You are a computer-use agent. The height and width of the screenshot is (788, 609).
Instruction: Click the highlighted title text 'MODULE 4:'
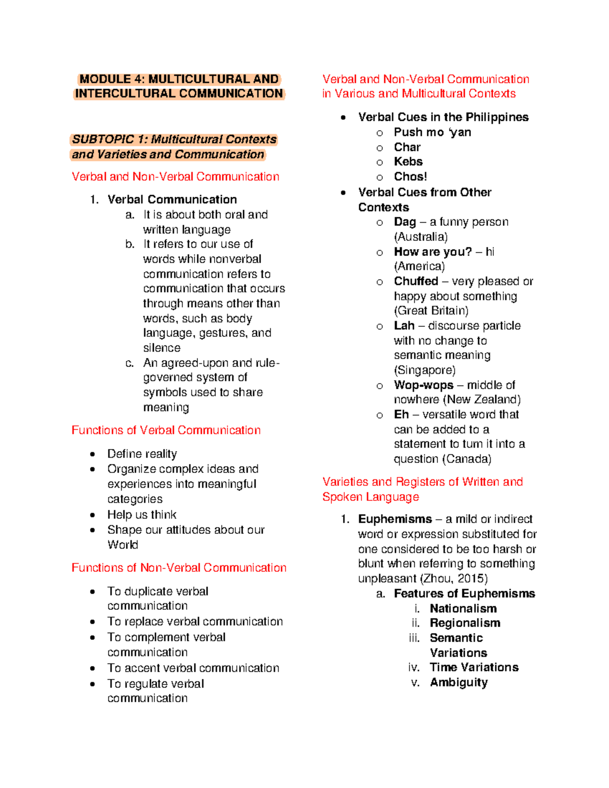(112, 79)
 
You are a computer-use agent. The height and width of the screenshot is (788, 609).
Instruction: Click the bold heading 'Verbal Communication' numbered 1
(172, 199)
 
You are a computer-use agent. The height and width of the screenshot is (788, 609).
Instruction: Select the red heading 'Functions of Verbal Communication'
(166, 430)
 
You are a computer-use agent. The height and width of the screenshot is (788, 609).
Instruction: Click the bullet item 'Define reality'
(142, 454)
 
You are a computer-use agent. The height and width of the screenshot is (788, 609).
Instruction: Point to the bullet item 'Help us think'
(142, 515)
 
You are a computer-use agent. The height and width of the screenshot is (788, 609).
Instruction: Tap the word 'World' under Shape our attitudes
(122, 544)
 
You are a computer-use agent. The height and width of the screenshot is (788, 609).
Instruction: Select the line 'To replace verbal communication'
(195, 622)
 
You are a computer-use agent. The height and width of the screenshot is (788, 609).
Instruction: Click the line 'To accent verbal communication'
(193, 668)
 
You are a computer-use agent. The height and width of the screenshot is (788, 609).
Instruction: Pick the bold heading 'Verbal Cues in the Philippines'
(443, 117)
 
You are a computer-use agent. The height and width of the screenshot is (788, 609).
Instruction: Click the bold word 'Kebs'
(408, 161)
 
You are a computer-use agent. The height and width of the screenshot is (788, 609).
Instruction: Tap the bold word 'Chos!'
(410, 177)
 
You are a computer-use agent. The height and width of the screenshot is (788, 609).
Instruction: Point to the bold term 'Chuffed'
(416, 281)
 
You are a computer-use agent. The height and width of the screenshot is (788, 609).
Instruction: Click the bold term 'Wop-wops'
(423, 385)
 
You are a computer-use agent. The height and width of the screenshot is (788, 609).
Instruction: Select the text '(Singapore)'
(425, 370)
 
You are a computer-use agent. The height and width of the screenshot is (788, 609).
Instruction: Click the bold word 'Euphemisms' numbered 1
(395, 519)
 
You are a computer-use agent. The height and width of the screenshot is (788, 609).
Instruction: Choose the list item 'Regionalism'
(465, 623)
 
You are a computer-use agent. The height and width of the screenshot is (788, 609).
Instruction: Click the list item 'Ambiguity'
(459, 682)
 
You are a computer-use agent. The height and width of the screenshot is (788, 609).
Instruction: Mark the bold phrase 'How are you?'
(432, 252)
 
